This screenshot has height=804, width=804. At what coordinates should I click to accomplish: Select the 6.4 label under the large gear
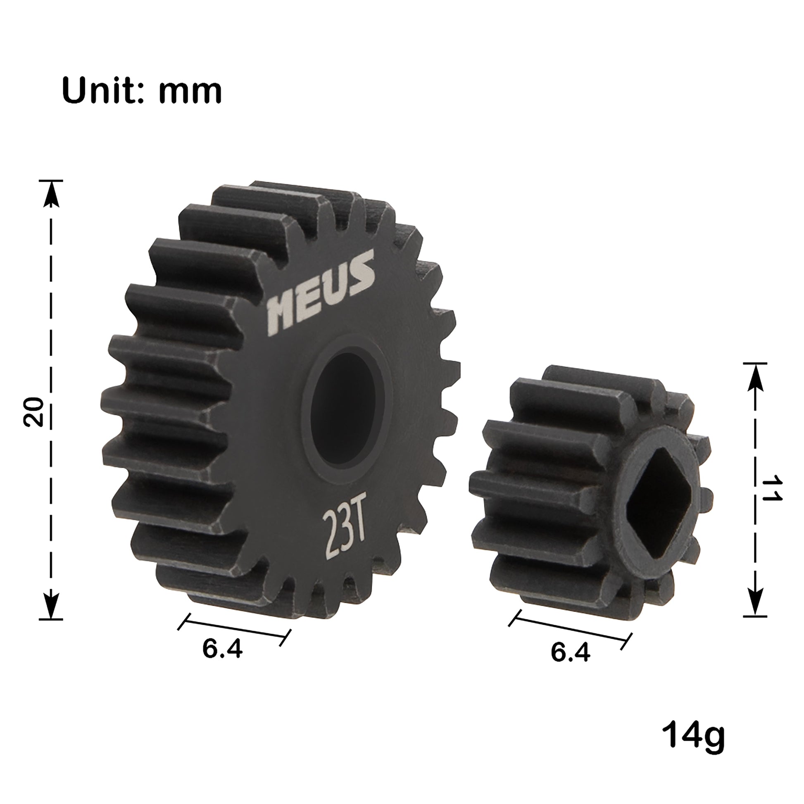click(222, 649)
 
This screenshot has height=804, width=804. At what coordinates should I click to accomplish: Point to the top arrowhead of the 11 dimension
click(755, 377)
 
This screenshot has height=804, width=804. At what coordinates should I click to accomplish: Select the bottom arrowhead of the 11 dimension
click(755, 602)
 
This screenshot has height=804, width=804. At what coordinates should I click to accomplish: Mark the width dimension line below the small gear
click(570, 629)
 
